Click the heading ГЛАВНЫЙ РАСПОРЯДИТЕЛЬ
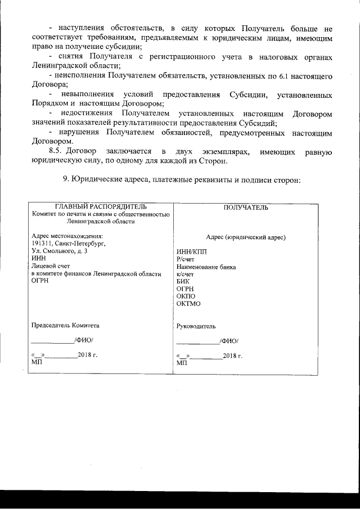pyautogui.click(x=101, y=207)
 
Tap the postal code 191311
pyautogui.click(x=43, y=244)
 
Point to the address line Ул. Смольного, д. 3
pyautogui.click(x=60, y=251)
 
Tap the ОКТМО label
pyautogui.click(x=188, y=304)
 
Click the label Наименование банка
pyautogui.click(x=206, y=267)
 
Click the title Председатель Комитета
pyautogui.click(x=65, y=325)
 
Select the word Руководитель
pyautogui.click(x=195, y=326)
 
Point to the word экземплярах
pyautogui.click(x=220, y=152)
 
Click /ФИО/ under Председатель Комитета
pyautogui.click(x=84, y=340)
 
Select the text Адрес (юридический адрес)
pyautogui.click(x=246, y=237)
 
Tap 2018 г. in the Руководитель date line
pyautogui.click(x=232, y=356)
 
